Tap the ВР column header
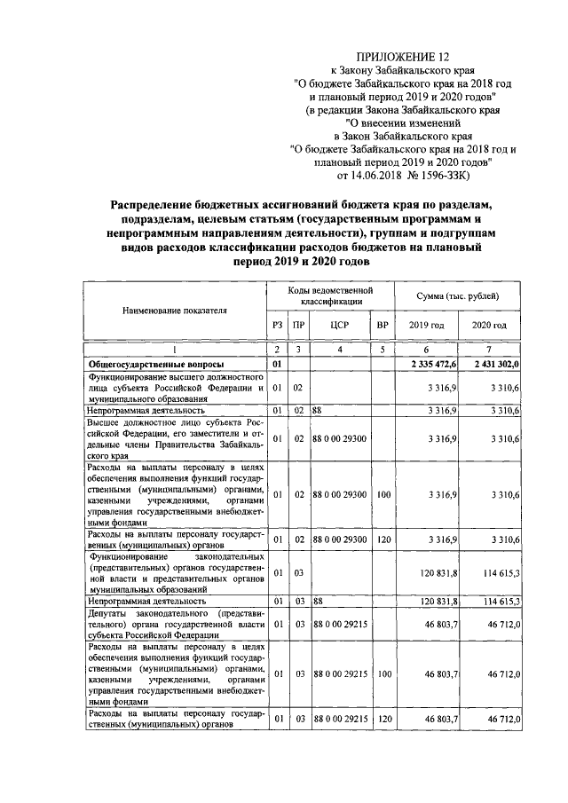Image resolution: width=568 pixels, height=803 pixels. (x=383, y=326)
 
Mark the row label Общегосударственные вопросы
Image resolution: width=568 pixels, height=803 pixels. (x=154, y=365)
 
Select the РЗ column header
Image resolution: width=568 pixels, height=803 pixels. (x=277, y=326)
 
